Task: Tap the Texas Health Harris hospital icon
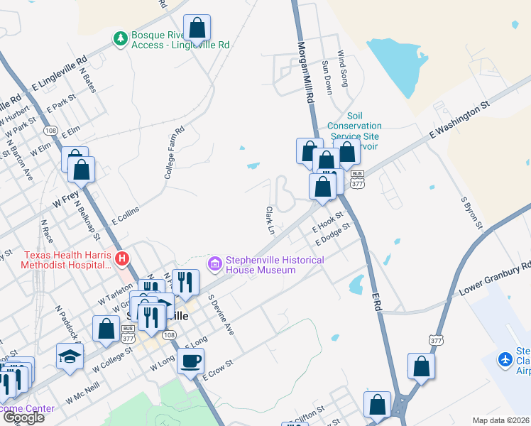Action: [x=122, y=259]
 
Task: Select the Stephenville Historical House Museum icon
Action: [x=214, y=264]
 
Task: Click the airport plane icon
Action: [x=505, y=360]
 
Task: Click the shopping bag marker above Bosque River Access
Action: [x=197, y=28]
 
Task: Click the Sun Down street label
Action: [x=327, y=77]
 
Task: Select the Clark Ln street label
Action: [x=270, y=220]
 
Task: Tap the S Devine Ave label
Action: [x=221, y=315]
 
